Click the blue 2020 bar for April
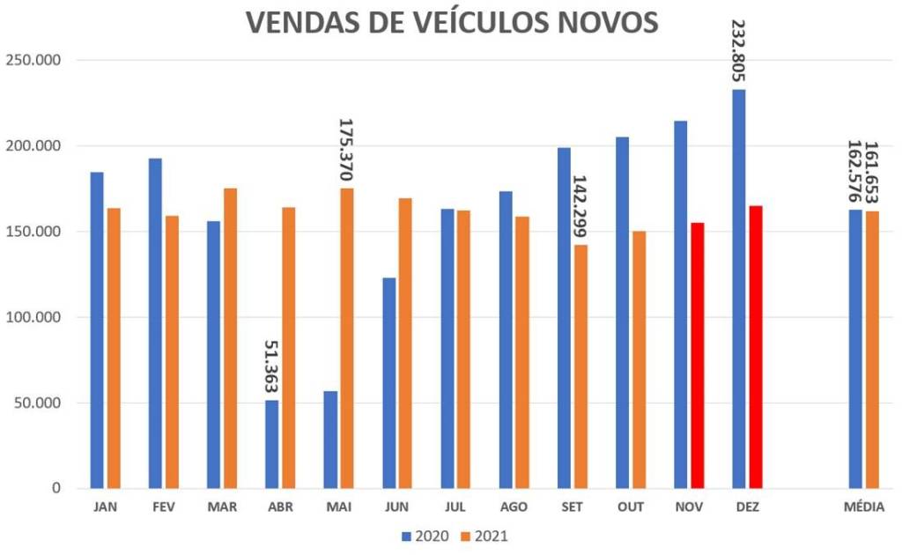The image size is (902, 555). click(271, 444)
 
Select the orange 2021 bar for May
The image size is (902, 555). click(347, 338)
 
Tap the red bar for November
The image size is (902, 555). click(698, 355)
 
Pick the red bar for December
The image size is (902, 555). click(756, 347)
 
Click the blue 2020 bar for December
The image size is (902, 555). click(739, 289)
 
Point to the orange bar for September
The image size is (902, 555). click(580, 366)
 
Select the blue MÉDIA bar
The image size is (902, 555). click(855, 349)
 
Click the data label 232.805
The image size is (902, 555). click(738, 50)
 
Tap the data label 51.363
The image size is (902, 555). click(271, 366)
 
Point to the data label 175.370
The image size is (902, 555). click(345, 150)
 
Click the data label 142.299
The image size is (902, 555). click(580, 206)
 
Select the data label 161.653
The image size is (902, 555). click(872, 172)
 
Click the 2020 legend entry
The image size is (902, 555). click(425, 536)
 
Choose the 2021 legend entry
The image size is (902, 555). click(484, 536)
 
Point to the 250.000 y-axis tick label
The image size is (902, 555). click(33, 61)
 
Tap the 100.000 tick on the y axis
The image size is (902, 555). click(33, 317)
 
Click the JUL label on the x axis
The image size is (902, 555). click(455, 507)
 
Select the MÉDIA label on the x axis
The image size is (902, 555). click(864, 507)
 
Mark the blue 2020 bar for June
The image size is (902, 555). click(388, 383)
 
